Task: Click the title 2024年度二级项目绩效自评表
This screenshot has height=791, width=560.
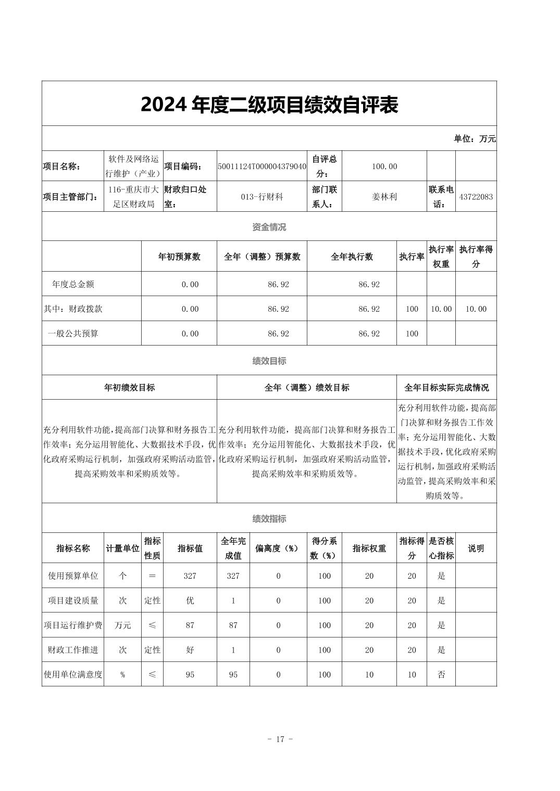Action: coord(269,105)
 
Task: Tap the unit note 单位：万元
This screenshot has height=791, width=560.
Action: coord(475,138)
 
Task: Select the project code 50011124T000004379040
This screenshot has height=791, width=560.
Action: coord(262,167)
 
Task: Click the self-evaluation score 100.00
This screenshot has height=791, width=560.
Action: coord(384,167)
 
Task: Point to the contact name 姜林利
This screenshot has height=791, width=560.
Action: coord(384,197)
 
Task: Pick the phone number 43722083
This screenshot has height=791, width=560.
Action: coord(476,197)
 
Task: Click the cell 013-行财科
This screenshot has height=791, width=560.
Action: coord(262,197)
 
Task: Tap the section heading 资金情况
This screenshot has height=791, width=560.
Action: coord(269,227)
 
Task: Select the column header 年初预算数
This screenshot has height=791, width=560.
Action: coord(179,257)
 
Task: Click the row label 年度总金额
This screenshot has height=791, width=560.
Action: coord(73,284)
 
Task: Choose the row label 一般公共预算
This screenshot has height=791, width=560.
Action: coord(73,334)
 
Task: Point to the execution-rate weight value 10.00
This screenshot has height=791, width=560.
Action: coord(441,309)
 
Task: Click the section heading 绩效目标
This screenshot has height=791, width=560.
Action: coord(269,361)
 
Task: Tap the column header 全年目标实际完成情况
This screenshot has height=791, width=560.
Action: coord(446,388)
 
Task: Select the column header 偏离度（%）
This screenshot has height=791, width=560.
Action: coord(278,548)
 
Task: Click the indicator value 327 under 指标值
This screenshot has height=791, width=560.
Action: coord(190,576)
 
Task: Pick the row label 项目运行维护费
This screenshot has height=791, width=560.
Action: coord(73,626)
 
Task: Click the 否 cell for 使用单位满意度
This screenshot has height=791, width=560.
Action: coord(441,675)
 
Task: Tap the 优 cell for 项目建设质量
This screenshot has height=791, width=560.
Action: coord(190,601)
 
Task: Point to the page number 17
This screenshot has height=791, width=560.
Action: coord(280,739)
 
